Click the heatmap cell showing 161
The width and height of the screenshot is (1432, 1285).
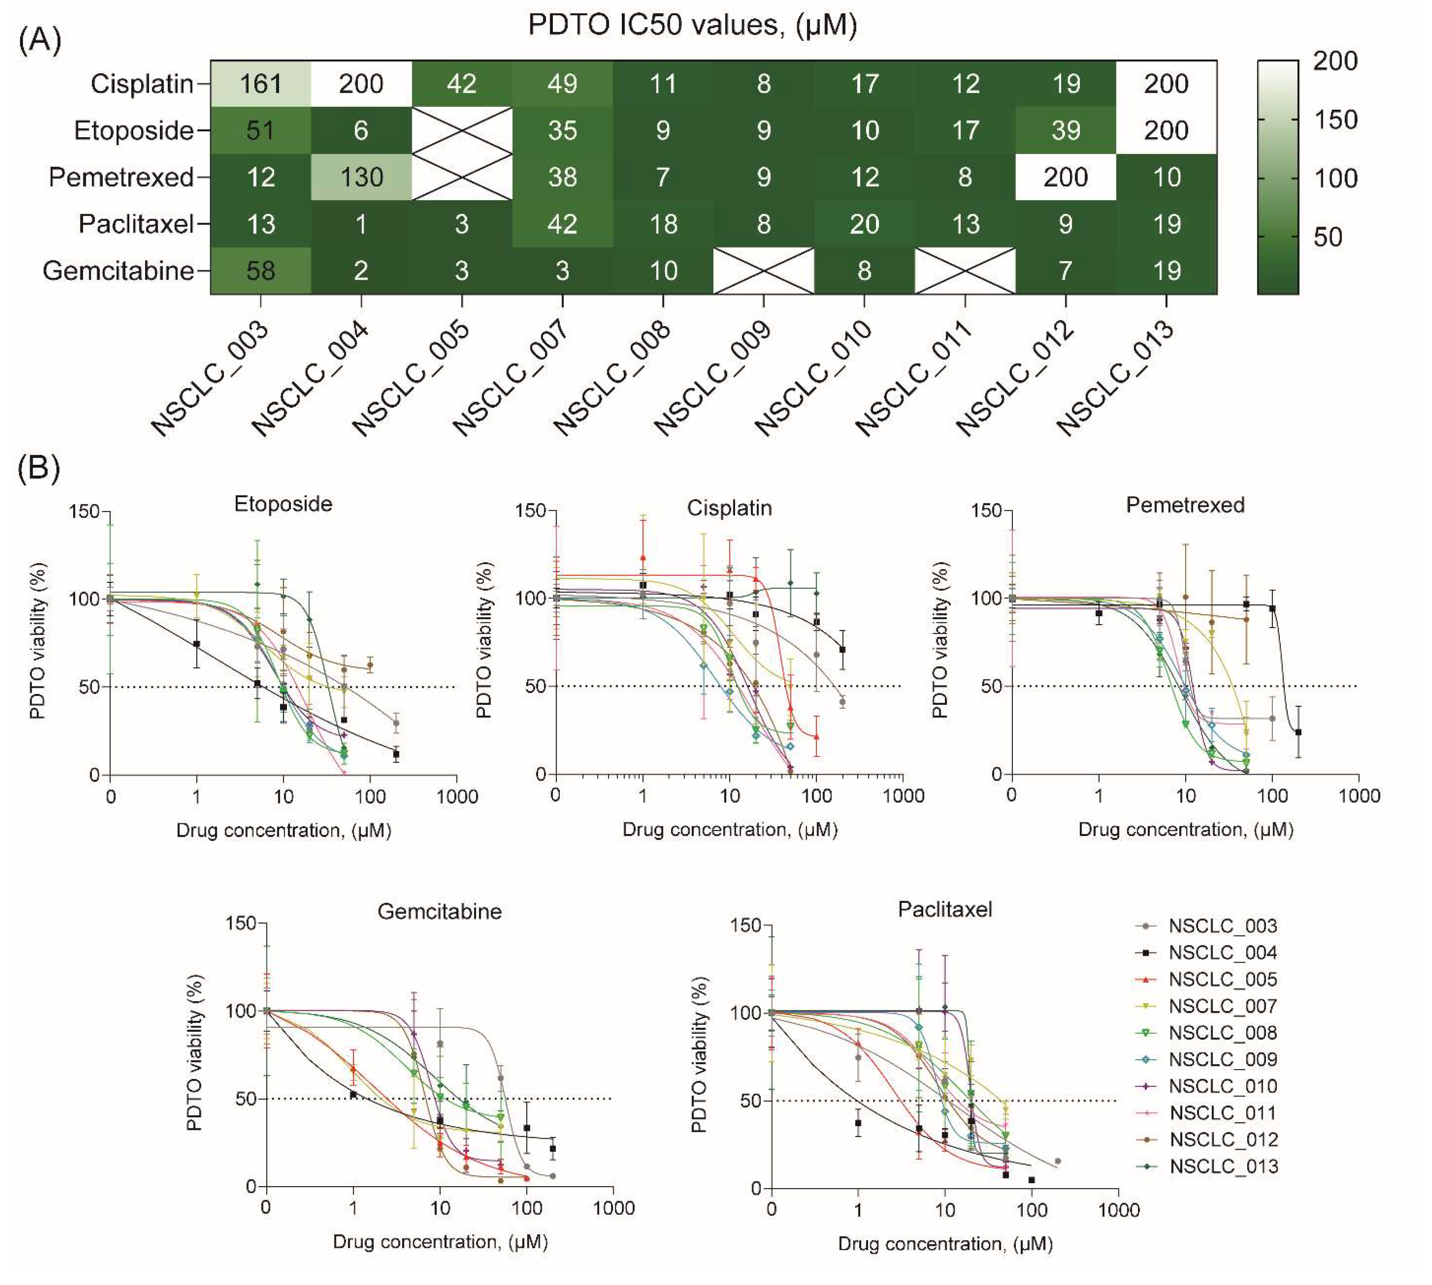(x=261, y=84)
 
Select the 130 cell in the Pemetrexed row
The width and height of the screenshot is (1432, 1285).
(x=361, y=177)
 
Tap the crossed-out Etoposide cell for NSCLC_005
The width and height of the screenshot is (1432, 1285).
(x=462, y=131)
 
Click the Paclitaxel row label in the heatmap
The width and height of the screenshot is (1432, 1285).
(x=136, y=224)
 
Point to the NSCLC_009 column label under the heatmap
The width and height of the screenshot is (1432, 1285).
(x=713, y=378)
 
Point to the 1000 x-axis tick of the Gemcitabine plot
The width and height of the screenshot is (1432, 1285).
(x=613, y=1208)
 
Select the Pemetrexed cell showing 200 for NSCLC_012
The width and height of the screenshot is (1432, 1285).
(x=1066, y=177)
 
